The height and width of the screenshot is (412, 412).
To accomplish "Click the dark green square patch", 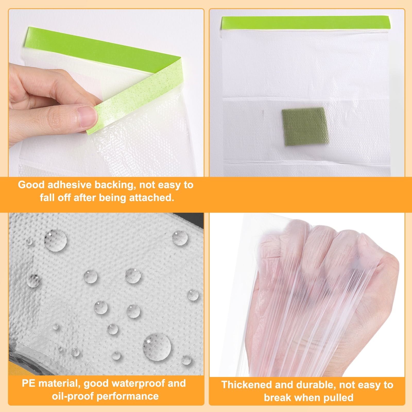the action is (x=305, y=126).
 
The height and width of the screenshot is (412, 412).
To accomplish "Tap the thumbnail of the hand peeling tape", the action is (x=106, y=93).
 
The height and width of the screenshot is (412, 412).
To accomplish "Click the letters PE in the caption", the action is (x=29, y=383).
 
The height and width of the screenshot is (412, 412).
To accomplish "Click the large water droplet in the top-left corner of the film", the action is (x=55, y=241).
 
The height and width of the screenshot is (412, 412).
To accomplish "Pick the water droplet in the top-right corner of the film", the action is (x=180, y=238).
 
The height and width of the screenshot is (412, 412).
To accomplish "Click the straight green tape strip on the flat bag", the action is (x=306, y=22).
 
